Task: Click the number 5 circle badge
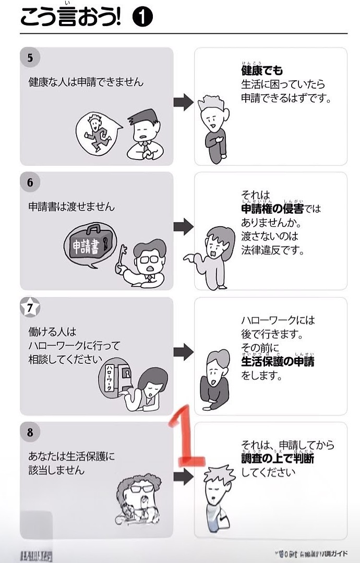coord(30,57)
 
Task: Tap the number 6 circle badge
coord(30,182)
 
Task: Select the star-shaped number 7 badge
coord(30,308)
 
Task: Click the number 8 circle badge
coord(30,432)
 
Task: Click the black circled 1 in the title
coord(142,19)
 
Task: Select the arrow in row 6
coord(183,226)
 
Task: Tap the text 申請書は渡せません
coord(71,207)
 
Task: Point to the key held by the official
coord(123,260)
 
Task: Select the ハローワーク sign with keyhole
coord(117,377)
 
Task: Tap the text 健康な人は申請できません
coord(86,82)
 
